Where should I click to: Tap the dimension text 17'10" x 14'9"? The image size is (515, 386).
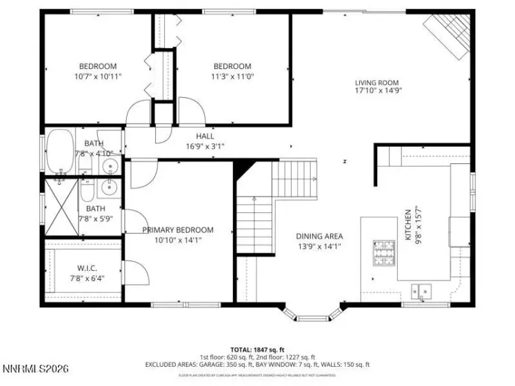[378, 90]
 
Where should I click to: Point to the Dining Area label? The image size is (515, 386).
[319, 236]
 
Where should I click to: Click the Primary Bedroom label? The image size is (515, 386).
[178, 230]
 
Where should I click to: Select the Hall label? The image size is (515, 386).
[205, 136]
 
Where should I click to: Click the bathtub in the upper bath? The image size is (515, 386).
[59, 152]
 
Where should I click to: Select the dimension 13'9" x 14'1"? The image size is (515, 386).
[319, 245]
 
